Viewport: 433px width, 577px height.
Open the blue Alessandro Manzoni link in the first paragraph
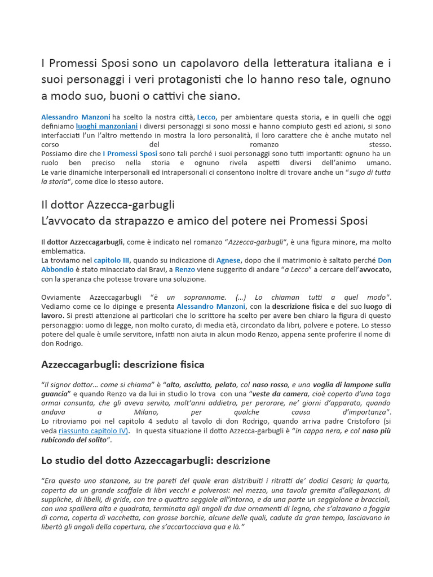point(76,117)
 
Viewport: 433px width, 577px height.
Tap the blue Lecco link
point(206,117)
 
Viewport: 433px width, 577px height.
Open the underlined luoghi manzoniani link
point(107,126)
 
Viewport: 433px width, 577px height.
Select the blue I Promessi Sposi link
point(130,153)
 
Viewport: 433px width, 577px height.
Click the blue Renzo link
point(185,269)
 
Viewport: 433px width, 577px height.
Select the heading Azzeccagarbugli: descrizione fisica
point(123,365)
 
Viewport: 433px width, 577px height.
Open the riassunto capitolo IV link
point(94,430)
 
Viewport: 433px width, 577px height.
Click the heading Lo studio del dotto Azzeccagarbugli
point(156,460)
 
